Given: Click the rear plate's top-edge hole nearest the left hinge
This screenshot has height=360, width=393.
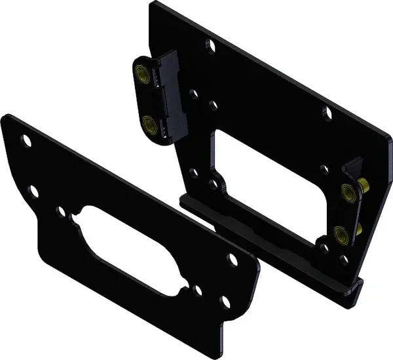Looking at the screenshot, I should [x=210, y=47].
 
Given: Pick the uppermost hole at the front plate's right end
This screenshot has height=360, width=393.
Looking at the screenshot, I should [x=231, y=256].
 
